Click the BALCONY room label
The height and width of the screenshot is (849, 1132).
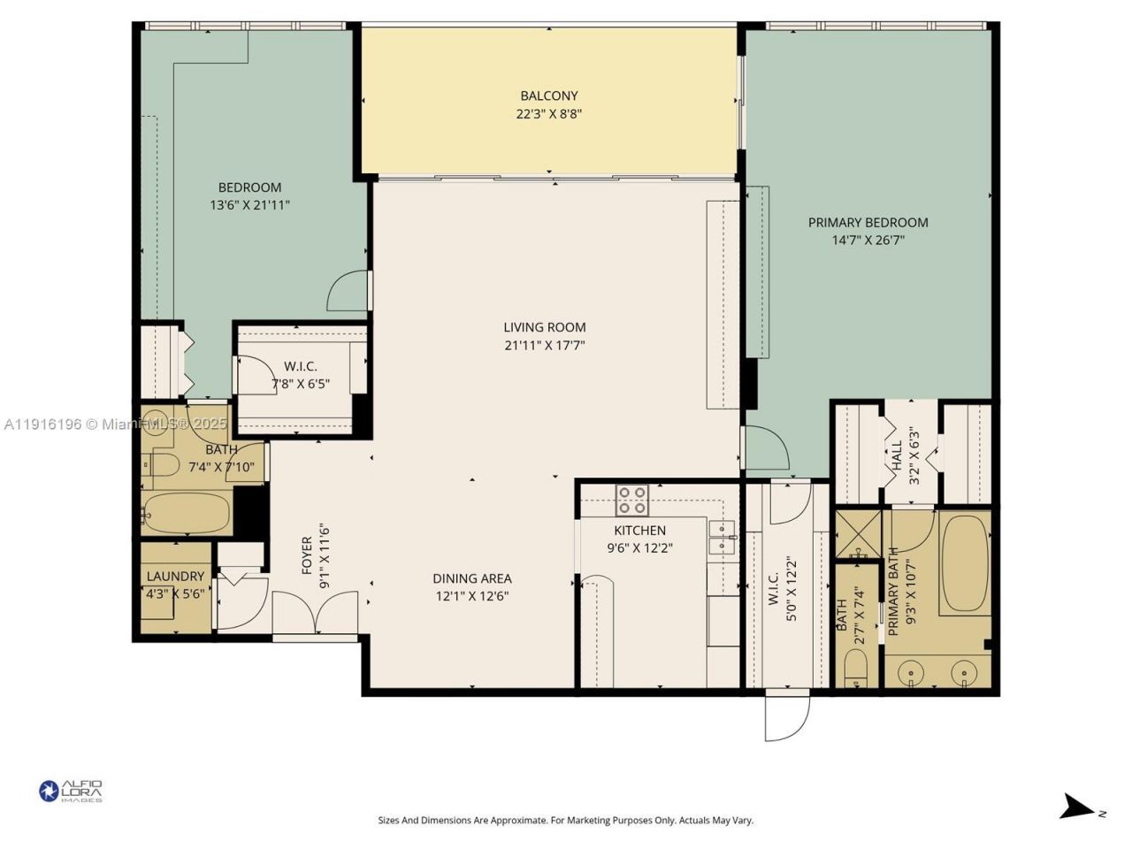coord(548,96)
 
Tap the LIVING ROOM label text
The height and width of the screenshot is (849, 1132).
coord(545,327)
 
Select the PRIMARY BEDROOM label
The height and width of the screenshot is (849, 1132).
coord(868,223)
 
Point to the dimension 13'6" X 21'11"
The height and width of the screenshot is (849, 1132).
coord(250,205)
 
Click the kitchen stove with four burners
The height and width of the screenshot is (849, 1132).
coord(631,501)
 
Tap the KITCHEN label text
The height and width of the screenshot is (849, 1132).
coord(640,531)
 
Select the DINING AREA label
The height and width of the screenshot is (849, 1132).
coord(472,578)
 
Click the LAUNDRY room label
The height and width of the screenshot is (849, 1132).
coord(175,577)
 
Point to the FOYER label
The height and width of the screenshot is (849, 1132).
coord(307,555)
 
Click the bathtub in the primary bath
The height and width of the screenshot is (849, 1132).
coord(964,564)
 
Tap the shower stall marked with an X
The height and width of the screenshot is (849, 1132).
coord(857,533)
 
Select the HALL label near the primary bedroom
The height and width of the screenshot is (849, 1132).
coord(897,455)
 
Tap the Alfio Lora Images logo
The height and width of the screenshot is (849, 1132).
coord(71,791)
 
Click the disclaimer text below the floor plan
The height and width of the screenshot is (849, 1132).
coord(566,821)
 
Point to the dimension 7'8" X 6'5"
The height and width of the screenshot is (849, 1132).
coord(301,385)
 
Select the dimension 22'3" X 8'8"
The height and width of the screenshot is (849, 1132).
coord(548,114)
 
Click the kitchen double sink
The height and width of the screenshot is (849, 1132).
coord(723,537)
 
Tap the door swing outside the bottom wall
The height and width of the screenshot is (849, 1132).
coord(786,717)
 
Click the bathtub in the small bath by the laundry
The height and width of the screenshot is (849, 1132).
coord(187,514)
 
